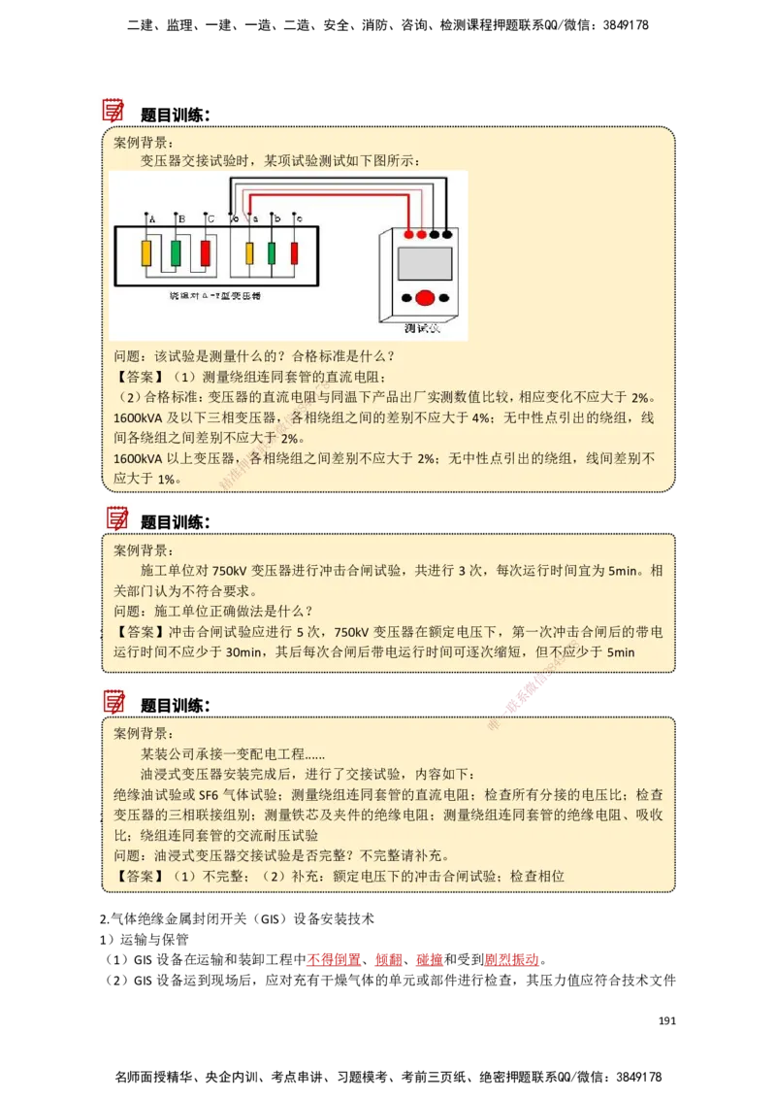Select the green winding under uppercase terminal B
(176, 254)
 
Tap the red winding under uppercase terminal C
(205, 254)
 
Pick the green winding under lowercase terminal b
(273, 254)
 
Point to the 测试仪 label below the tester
(423, 329)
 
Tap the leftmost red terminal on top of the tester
(408, 235)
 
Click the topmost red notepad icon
(113, 109)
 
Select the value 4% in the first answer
(482, 418)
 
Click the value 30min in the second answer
(244, 652)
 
